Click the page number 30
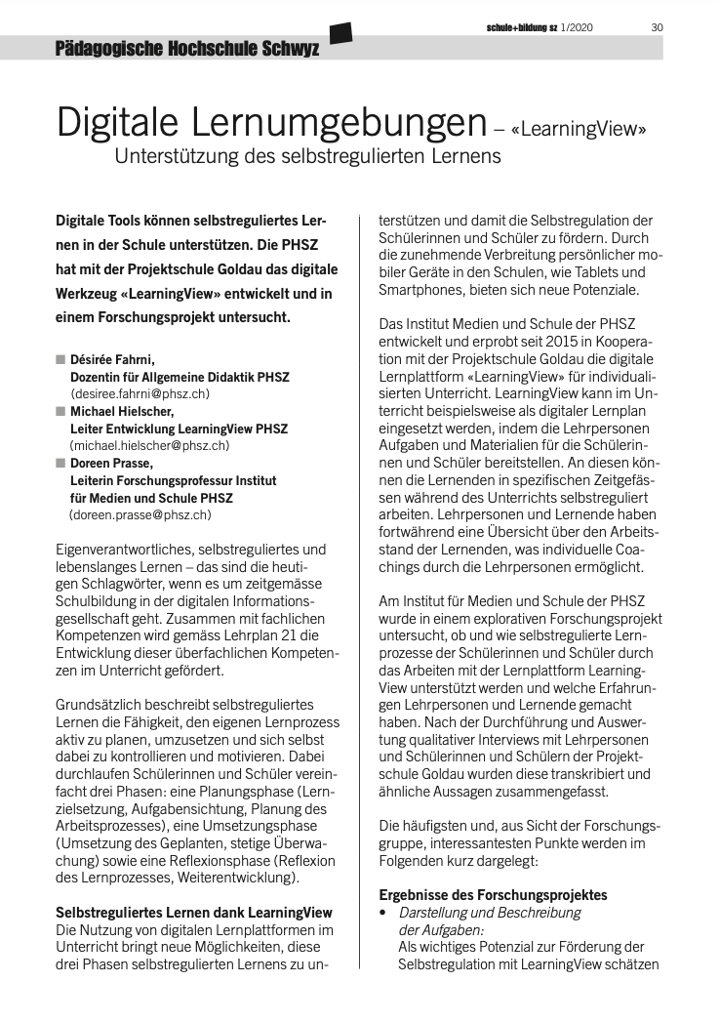click(657, 26)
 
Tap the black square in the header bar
click(340, 33)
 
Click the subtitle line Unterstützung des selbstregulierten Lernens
click(307, 155)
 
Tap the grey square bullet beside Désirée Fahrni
click(60, 359)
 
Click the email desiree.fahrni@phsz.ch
click(140, 393)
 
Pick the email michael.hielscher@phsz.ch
click(149, 445)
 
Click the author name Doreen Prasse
click(109, 463)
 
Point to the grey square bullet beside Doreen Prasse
click(60, 463)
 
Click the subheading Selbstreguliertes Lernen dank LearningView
click(194, 913)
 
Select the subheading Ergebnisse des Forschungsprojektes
click(493, 894)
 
